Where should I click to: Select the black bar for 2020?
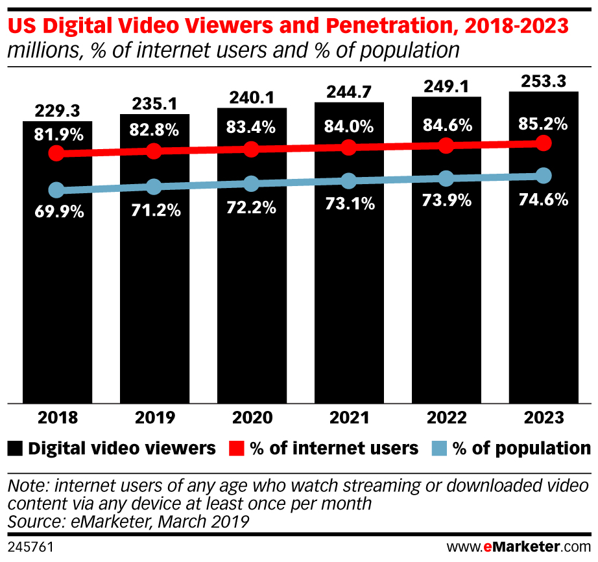tap(252, 292)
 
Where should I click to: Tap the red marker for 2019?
tap(154, 151)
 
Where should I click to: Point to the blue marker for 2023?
tap(544, 176)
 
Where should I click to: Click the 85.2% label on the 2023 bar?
tap(544, 123)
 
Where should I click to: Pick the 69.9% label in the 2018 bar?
tap(57, 211)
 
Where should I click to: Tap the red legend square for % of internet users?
tap(237, 448)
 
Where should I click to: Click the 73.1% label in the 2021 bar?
tap(349, 204)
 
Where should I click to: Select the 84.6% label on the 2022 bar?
tap(446, 126)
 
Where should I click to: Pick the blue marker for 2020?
tap(251, 183)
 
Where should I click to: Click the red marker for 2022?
tap(446, 145)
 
